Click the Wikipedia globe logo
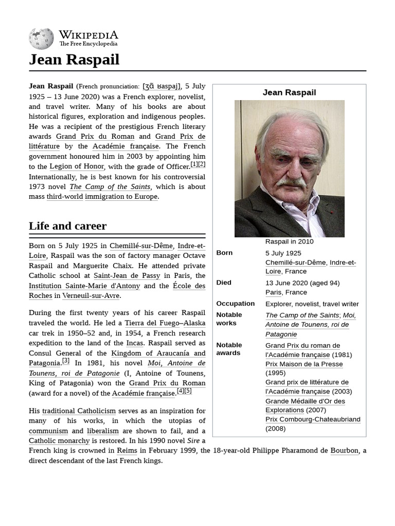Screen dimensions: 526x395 (41, 39)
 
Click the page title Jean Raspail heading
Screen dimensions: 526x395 (74, 60)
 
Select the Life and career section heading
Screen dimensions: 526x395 (67, 226)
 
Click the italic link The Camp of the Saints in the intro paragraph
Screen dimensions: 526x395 (110, 186)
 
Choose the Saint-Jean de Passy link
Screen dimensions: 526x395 (127, 276)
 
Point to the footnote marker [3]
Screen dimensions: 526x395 (66, 361)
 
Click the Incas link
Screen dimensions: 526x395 (134, 343)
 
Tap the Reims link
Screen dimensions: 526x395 (127, 450)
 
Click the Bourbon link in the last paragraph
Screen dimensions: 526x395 (344, 450)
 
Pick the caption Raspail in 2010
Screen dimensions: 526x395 (289, 241)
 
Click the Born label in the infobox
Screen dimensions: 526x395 (224, 253)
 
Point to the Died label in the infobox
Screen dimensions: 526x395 (224, 283)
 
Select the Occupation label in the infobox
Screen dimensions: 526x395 (235, 304)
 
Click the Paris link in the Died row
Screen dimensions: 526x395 (273, 292)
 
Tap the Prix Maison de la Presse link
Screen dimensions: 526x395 (304, 364)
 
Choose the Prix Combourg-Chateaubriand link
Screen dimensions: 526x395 (313, 420)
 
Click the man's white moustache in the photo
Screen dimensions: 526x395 (290, 182)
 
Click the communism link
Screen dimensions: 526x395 (48, 431)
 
